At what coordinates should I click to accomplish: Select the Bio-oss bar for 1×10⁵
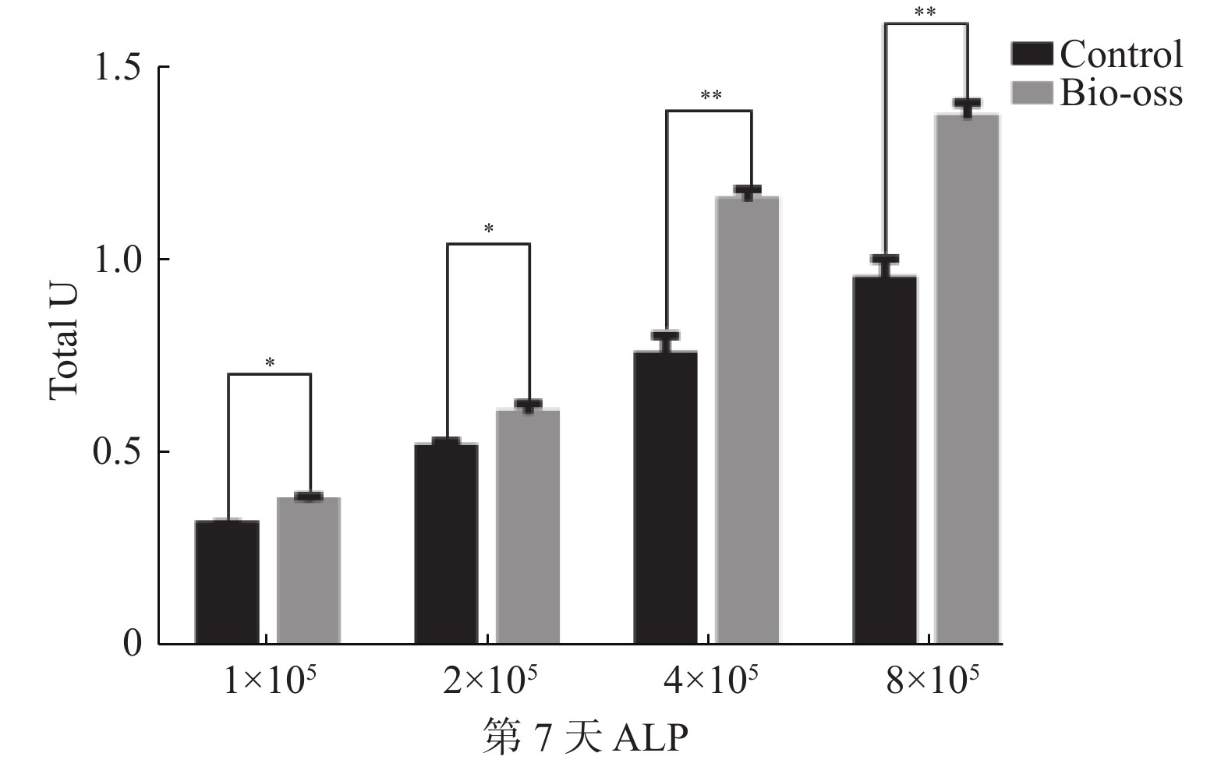[309, 571]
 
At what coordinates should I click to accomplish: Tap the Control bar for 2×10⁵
[446, 543]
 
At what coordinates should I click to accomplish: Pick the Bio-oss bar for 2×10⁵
[528, 526]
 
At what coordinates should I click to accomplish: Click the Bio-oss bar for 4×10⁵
[748, 420]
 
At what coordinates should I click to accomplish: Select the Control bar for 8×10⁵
[885, 460]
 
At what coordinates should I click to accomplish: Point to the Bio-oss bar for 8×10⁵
[967, 379]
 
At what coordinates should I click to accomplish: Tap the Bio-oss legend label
[1120, 94]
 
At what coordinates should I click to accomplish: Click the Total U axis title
[64, 343]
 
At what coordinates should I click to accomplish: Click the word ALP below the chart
[650, 737]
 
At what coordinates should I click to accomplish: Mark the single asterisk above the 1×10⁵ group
[270, 362]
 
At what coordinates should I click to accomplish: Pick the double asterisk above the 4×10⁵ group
[710, 96]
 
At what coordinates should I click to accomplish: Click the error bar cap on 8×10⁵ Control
[885, 259]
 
